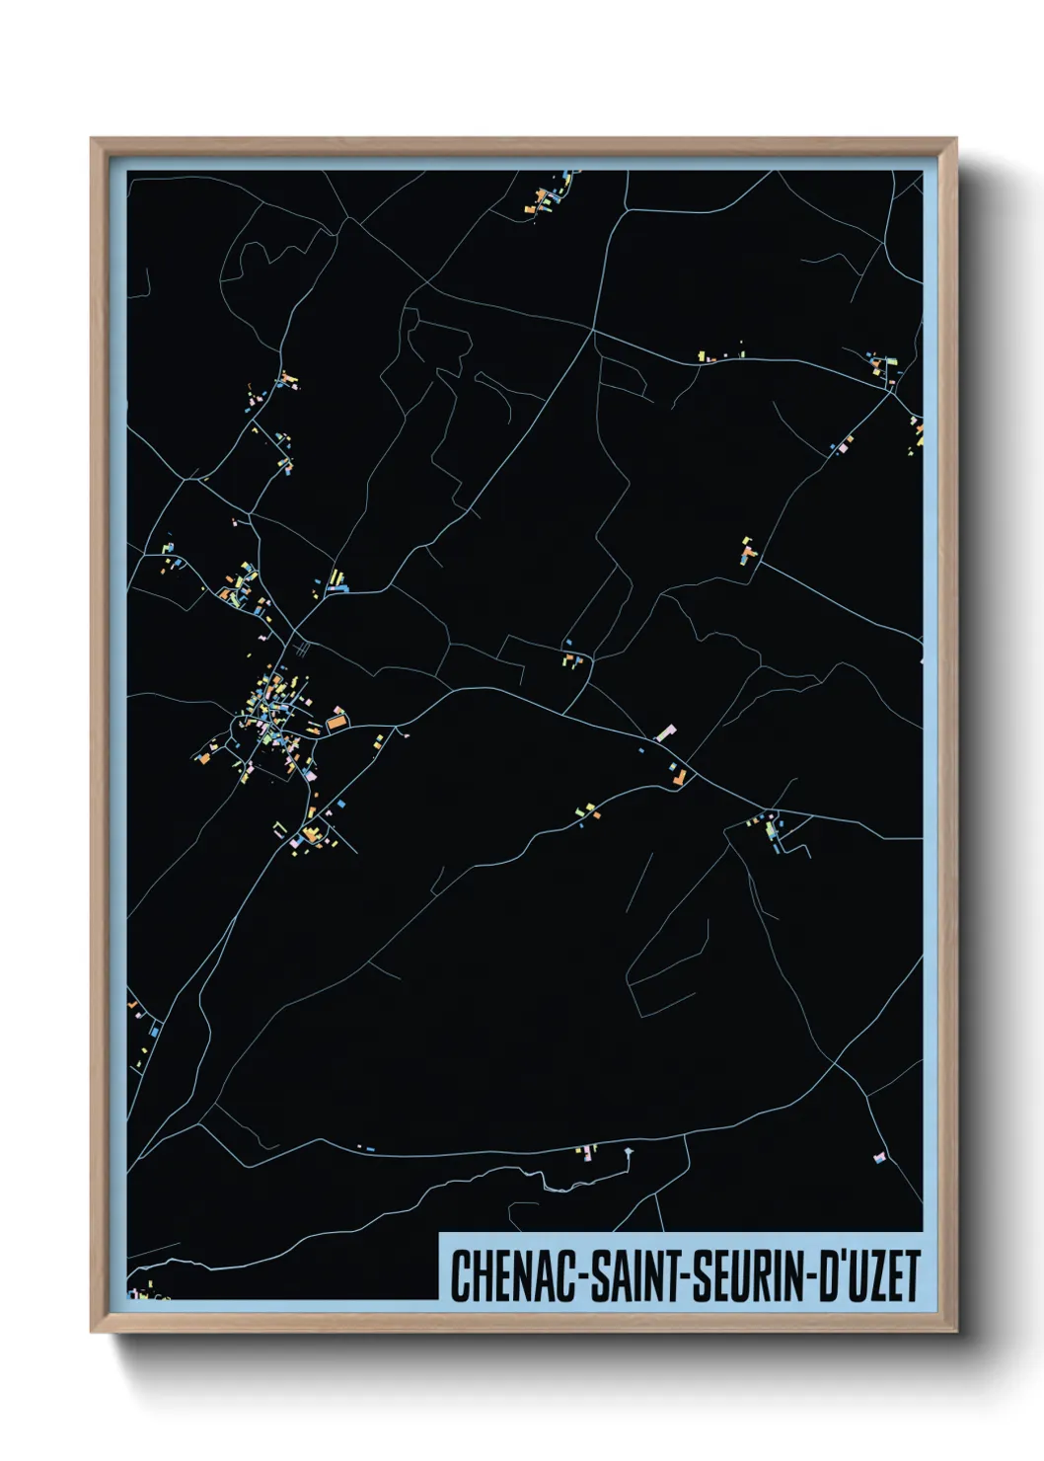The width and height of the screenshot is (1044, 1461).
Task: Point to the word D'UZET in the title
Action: [868, 1275]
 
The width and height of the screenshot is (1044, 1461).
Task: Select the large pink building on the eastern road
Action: [667, 732]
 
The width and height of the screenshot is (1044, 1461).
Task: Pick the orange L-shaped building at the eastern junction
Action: [680, 777]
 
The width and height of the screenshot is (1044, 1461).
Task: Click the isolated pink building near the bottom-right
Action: [879, 1157]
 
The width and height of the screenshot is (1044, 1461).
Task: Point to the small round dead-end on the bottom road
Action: [628, 1151]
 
